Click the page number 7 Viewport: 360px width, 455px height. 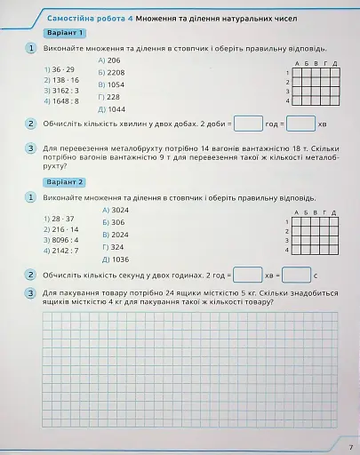[350, 446]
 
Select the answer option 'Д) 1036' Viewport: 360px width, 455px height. [115, 259]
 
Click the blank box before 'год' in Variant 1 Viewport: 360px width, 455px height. [248, 124]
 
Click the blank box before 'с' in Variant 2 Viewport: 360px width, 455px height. [295, 275]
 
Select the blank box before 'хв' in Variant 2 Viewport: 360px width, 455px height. [248, 275]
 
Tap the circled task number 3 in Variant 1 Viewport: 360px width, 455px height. [31, 148]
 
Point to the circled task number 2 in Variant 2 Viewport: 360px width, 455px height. [31, 275]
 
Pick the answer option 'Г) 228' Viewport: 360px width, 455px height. [109, 97]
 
